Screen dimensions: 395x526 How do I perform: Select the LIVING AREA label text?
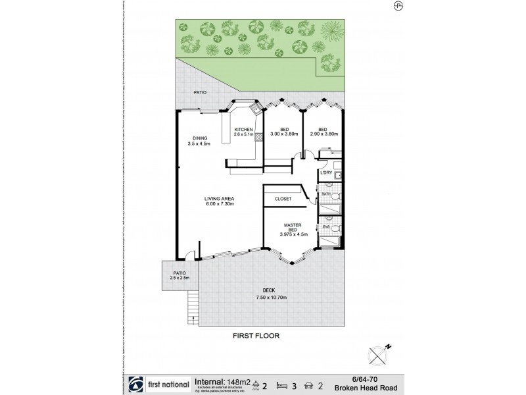click(220, 201)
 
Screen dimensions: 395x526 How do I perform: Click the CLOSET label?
click(282, 198)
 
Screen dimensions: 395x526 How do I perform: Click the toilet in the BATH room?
click(335, 197)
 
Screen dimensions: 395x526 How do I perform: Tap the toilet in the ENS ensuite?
click(335, 228)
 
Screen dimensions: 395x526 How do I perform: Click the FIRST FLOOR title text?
click(257, 335)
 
